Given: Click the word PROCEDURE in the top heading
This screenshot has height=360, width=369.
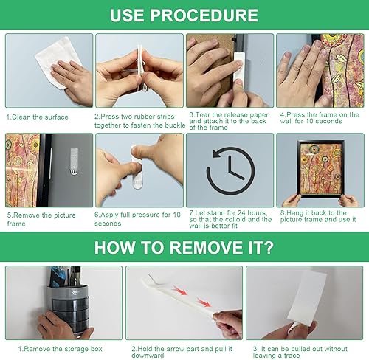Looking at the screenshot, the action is pos(204,15).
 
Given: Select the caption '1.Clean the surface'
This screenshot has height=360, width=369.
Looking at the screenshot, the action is pos(37,117).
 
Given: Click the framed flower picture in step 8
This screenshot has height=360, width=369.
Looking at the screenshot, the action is pos(320,169).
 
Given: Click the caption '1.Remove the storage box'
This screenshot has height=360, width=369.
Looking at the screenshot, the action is pos(61,349).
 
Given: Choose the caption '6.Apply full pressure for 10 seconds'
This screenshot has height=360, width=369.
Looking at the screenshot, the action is pos(137,219).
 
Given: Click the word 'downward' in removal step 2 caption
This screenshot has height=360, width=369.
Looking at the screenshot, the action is pos(148,356).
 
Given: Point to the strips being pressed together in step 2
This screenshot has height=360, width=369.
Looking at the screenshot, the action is pos(140,68).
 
